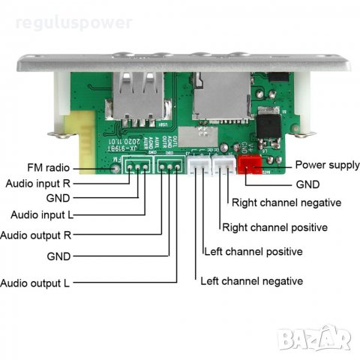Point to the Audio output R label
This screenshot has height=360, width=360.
pyautogui.click(x=37, y=235)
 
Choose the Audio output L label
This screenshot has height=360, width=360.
pyautogui.click(x=35, y=283)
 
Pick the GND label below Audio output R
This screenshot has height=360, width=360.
pyautogui.click(x=58, y=256)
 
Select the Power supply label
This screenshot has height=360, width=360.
pyautogui.click(x=327, y=164)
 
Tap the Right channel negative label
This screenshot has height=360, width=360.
pyautogui.click(x=286, y=202)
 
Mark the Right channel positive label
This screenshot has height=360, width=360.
pyautogui.click(x=274, y=226)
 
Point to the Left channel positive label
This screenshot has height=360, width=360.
pyautogui.click(x=253, y=251)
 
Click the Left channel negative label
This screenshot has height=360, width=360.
pyautogui.click(x=251, y=281)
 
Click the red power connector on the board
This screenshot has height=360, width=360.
pyautogui.click(x=248, y=165)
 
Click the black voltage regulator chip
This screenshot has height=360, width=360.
pyautogui.click(x=271, y=124)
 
